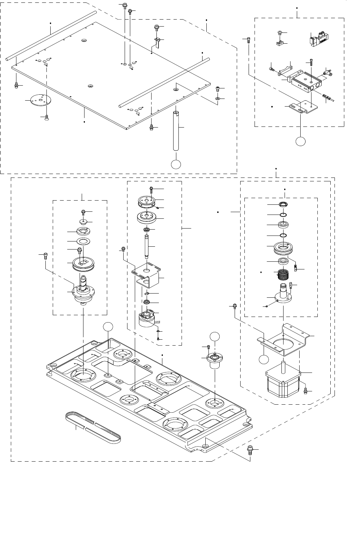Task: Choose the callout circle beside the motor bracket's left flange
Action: [264, 359]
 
